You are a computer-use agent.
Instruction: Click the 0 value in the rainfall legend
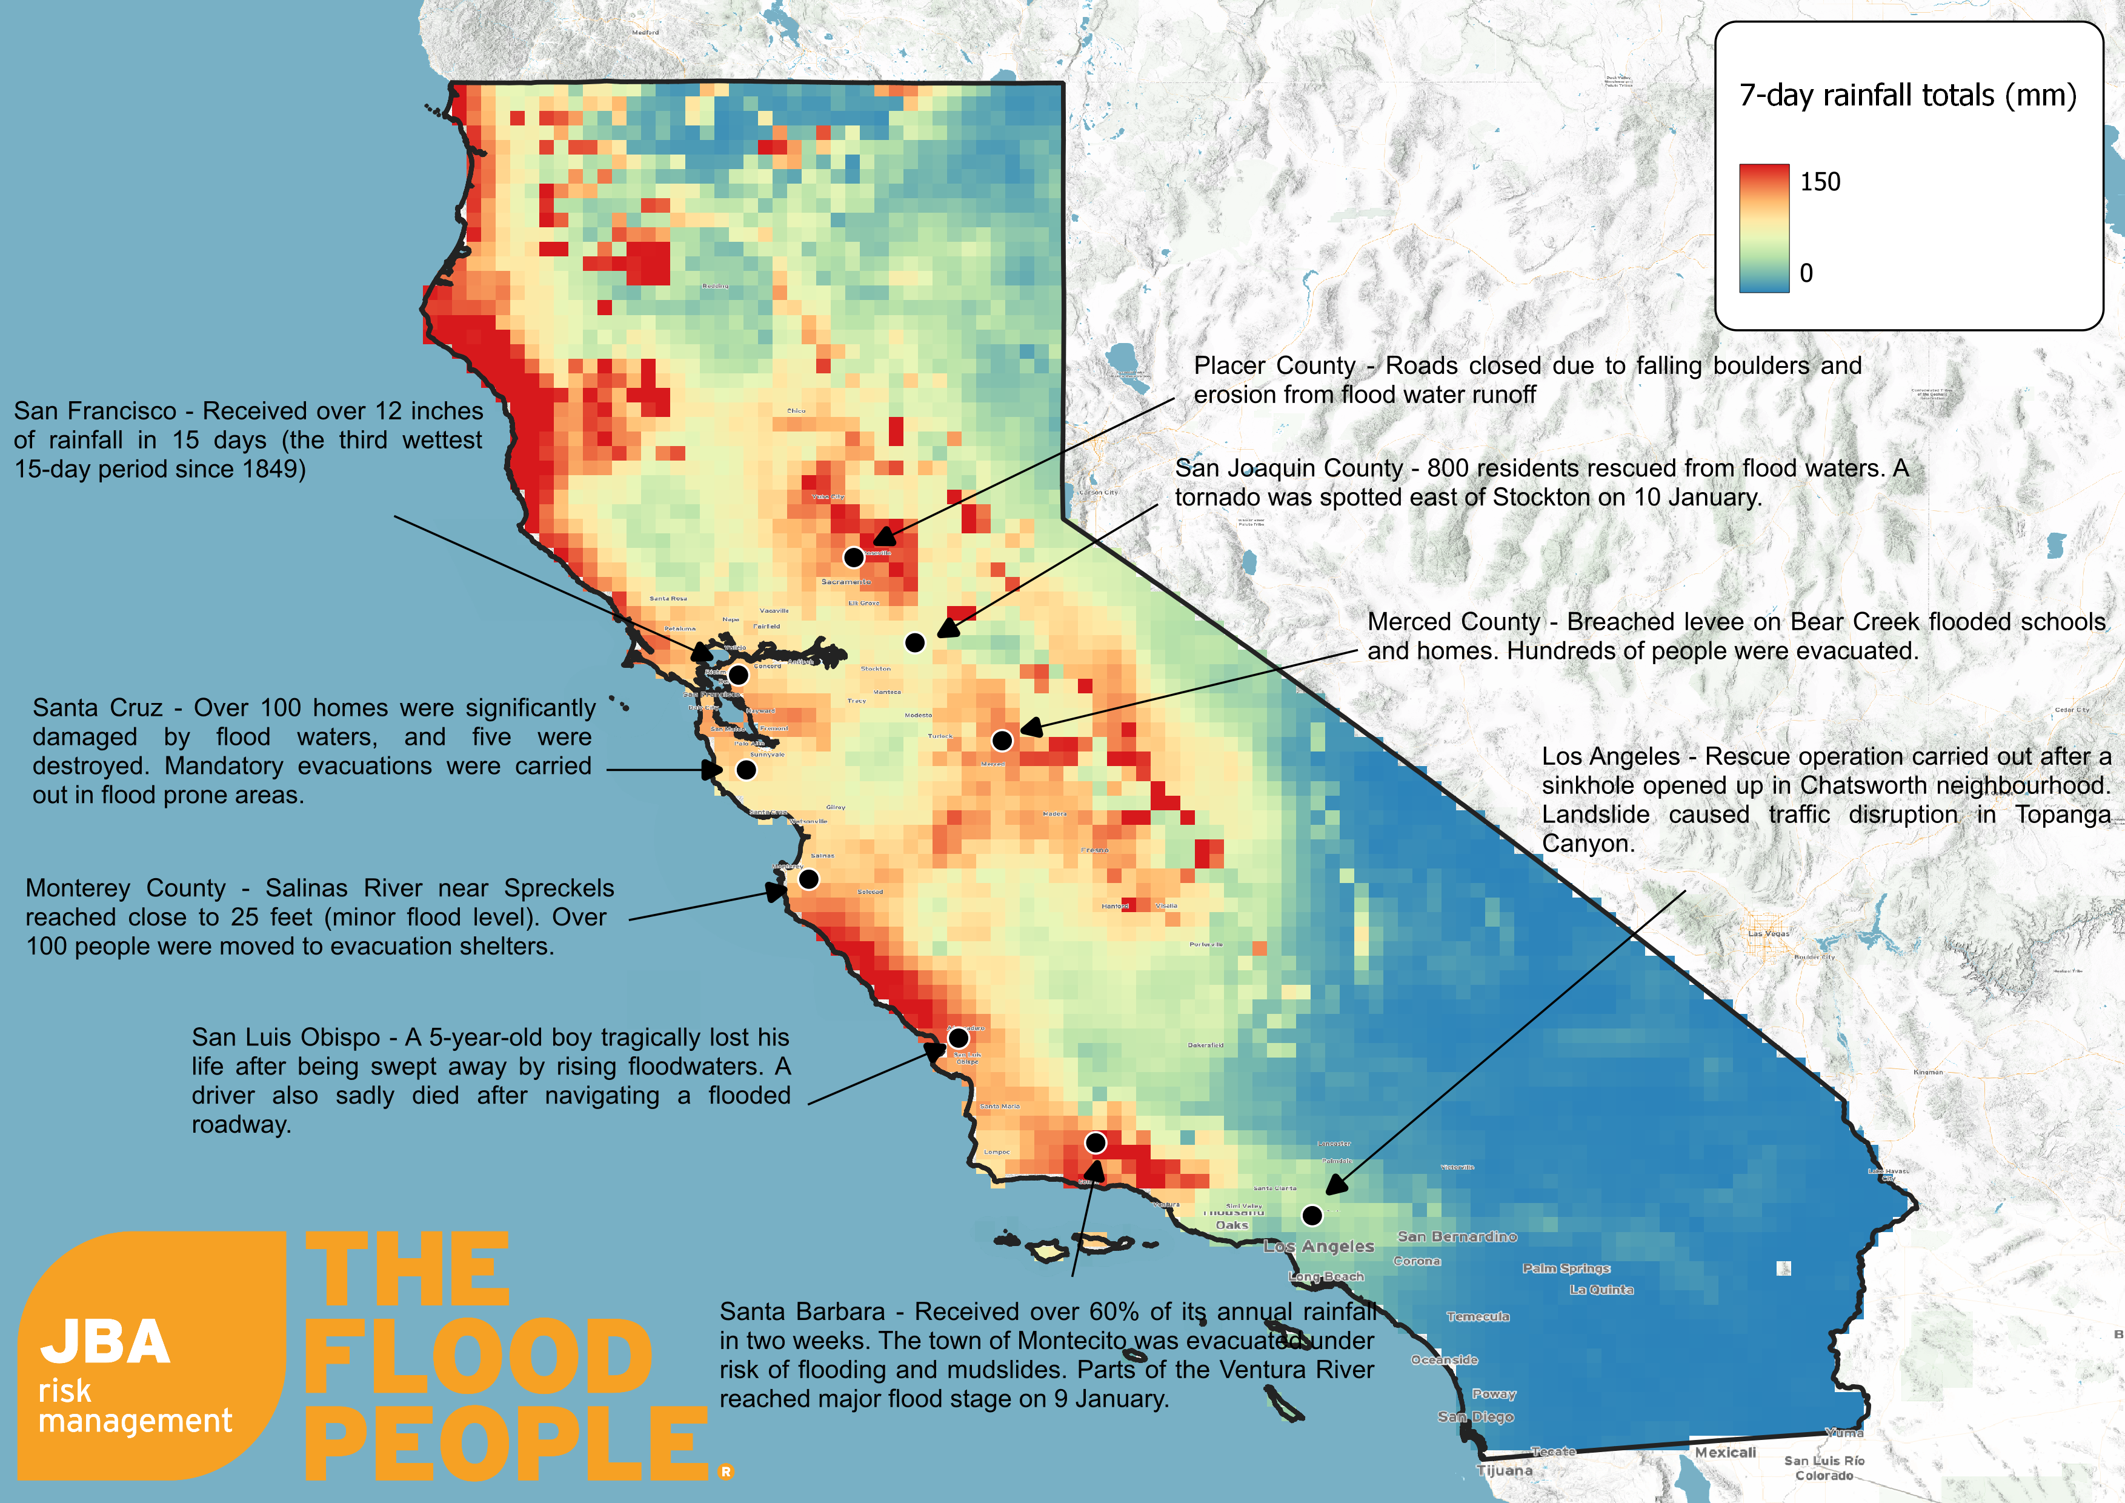pyautogui.click(x=1806, y=273)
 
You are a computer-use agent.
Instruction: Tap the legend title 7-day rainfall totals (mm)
pyautogui.click(x=1907, y=95)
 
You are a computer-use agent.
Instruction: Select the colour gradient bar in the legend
pyautogui.click(x=1763, y=228)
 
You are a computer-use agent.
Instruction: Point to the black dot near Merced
pyautogui.click(x=1002, y=741)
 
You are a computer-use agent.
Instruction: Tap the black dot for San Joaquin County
pyautogui.click(x=914, y=642)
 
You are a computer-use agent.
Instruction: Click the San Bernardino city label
pyautogui.click(x=1457, y=1236)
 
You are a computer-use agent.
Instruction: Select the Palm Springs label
pyautogui.click(x=1566, y=1268)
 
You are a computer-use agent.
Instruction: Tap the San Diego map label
pyautogui.click(x=1475, y=1417)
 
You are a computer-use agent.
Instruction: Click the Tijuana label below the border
pyautogui.click(x=1504, y=1471)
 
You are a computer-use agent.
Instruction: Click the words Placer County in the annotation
pyautogui.click(x=1274, y=365)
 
